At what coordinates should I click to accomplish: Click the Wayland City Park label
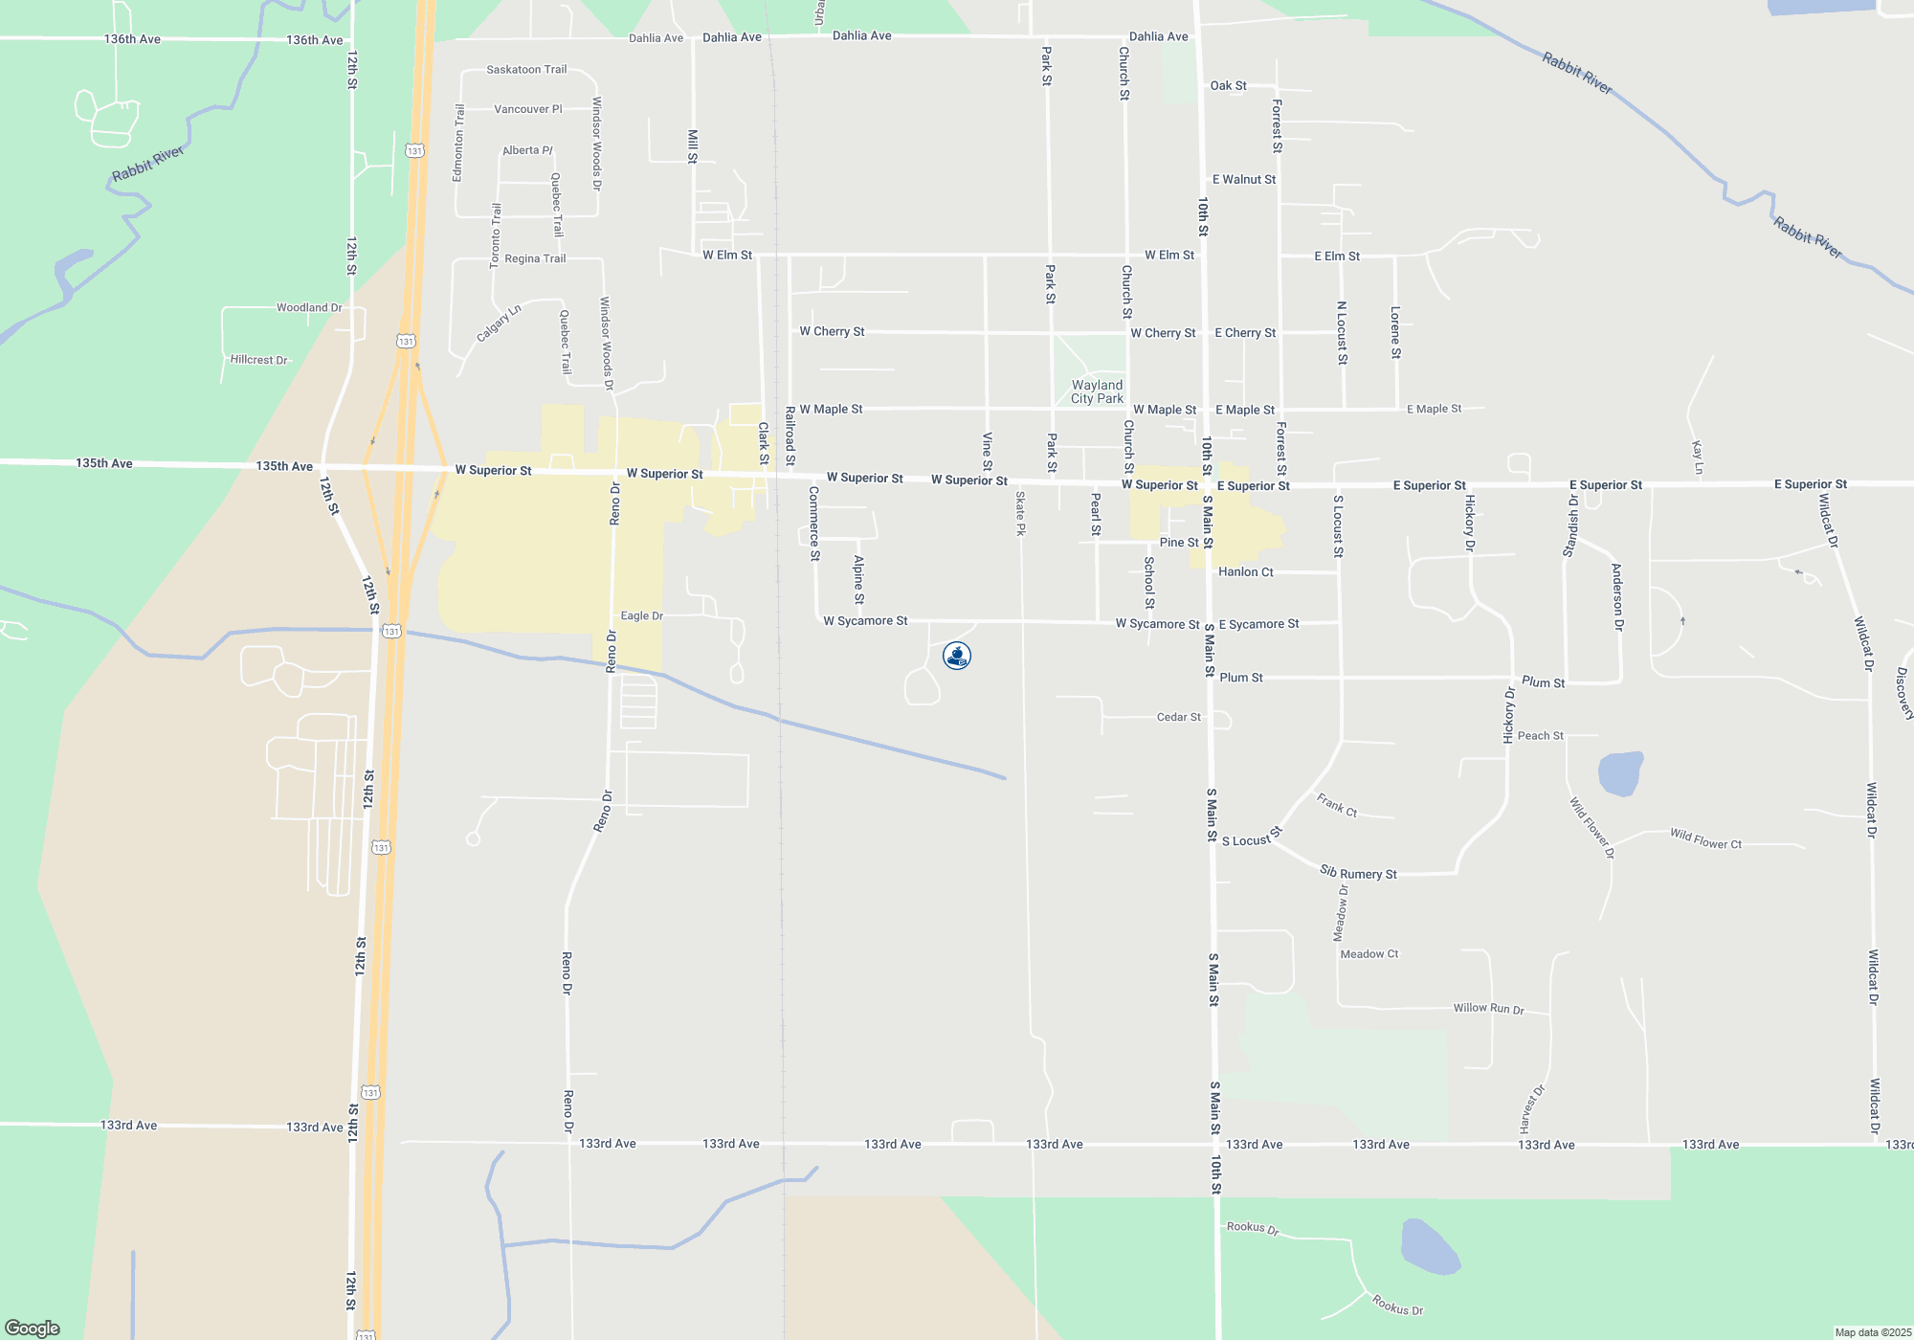point(1097,391)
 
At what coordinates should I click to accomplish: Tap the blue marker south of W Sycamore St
point(957,656)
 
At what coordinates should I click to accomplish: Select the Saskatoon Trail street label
point(526,70)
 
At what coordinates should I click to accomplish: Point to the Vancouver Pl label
point(528,109)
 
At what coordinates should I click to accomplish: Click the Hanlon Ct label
point(1245,572)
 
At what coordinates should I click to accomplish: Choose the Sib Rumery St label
point(1358,873)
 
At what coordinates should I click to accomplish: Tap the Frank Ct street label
point(1336,805)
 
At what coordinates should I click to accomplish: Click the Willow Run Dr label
point(1488,1008)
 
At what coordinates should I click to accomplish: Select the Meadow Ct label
point(1369,954)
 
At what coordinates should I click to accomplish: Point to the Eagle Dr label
point(641,616)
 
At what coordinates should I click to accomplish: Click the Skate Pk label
point(1021,514)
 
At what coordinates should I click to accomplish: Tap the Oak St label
point(1228,86)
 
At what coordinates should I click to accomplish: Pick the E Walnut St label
point(1243,180)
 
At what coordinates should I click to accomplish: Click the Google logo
point(33,1328)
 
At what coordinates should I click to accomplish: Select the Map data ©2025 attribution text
point(1873,1332)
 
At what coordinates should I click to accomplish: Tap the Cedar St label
point(1178,717)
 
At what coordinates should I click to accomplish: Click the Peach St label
point(1540,736)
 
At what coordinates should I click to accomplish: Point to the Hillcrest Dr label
point(258,360)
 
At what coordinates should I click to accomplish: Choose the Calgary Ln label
point(499,324)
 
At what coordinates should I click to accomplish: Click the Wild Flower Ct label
point(1705,839)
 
